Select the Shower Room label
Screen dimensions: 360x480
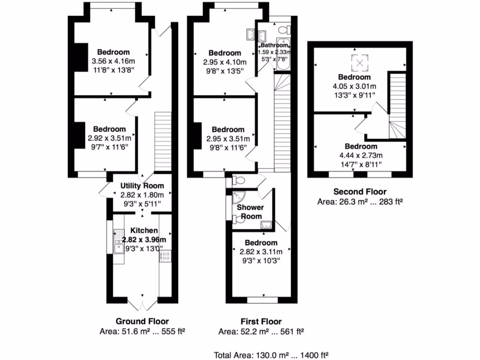click(250, 211)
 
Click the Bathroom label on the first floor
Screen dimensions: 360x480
click(274, 45)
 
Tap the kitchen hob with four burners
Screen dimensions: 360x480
click(165, 255)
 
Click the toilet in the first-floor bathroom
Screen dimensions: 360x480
click(283, 30)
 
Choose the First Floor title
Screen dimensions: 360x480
click(261, 322)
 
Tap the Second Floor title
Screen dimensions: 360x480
click(360, 191)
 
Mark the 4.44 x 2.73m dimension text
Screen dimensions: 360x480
click(360, 156)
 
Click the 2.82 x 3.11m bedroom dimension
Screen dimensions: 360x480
click(261, 252)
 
